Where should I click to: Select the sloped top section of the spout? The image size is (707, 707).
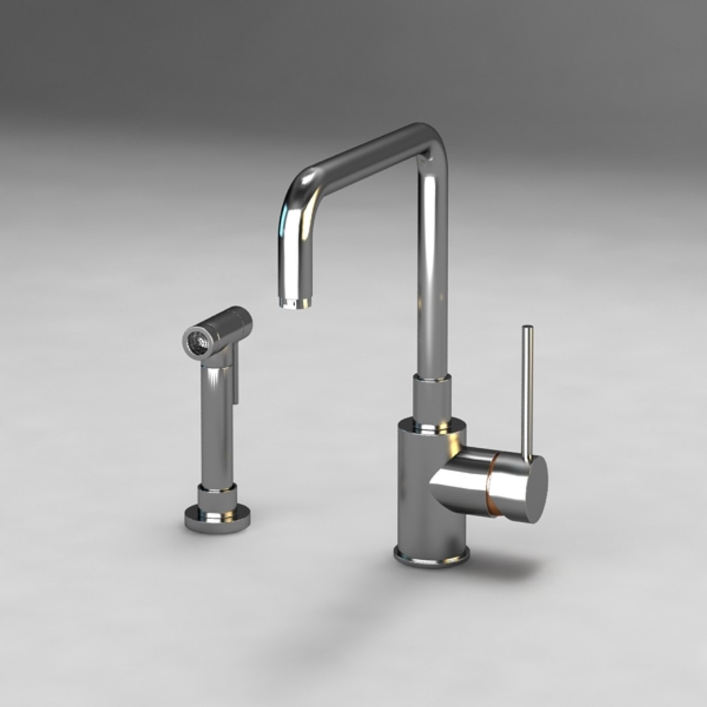(x=367, y=154)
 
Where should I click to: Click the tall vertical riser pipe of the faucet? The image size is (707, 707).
(x=433, y=275)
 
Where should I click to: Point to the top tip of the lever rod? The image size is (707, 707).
(x=527, y=328)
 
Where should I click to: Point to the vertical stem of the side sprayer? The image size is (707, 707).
(x=217, y=426)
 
